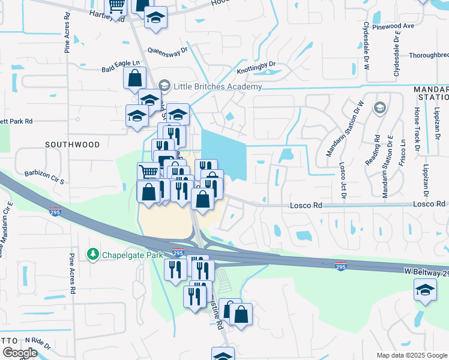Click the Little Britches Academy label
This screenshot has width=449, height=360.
click(x=217, y=86)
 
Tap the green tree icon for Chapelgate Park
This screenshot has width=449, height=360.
click(x=93, y=255)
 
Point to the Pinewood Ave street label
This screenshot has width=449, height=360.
click(x=393, y=26)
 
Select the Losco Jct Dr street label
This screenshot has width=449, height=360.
click(x=343, y=175)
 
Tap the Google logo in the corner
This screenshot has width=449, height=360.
click(x=19, y=353)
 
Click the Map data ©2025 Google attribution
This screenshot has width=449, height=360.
click(x=411, y=355)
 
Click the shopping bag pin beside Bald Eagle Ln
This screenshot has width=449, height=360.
click(x=135, y=77)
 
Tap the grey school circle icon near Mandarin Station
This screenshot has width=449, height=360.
click(x=379, y=108)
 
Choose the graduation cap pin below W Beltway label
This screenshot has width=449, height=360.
click(x=425, y=292)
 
